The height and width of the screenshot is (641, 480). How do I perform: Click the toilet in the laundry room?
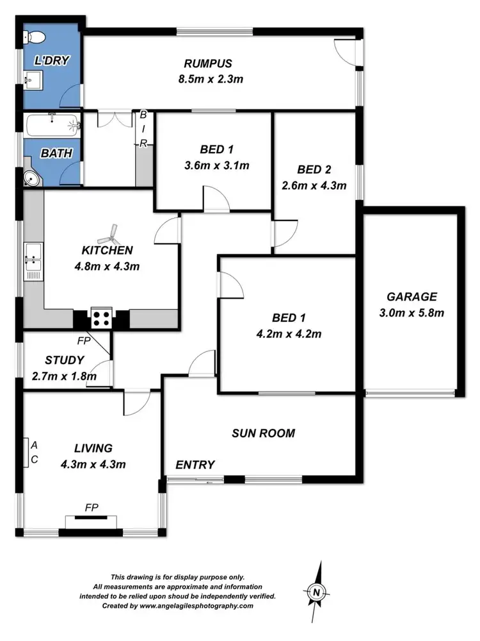pyautogui.click(x=31, y=36)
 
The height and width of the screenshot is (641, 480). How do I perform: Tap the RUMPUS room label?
pyautogui.click(x=207, y=63)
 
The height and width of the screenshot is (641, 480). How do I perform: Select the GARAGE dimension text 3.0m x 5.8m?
pyautogui.click(x=412, y=313)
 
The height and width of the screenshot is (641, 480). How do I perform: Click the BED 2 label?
pyautogui.click(x=314, y=170)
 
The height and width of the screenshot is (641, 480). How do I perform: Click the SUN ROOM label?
pyautogui.click(x=263, y=433)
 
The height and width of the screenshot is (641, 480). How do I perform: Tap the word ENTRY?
pyautogui.click(x=195, y=465)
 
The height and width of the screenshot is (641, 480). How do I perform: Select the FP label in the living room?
pyautogui.click(x=92, y=508)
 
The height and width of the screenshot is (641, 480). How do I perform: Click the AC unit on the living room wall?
pyautogui.click(x=28, y=452)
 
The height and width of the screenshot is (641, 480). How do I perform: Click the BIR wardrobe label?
pyautogui.click(x=143, y=129)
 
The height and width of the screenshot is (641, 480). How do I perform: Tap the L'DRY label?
pyautogui.click(x=51, y=61)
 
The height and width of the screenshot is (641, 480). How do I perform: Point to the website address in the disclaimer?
pyautogui.click(x=208, y=605)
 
